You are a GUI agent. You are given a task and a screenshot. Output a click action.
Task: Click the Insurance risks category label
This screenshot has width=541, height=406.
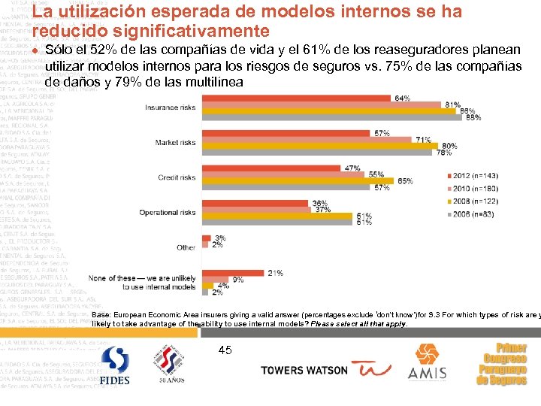(x=170, y=108)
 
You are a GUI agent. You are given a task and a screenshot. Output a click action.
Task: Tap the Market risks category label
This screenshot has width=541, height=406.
(x=175, y=142)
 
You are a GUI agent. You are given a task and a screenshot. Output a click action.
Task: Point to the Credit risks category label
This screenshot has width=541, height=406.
(x=177, y=177)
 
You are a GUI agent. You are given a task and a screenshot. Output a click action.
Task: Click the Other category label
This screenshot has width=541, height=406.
(x=186, y=247)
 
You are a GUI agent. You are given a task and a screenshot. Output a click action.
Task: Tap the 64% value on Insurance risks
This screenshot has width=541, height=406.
(x=402, y=98)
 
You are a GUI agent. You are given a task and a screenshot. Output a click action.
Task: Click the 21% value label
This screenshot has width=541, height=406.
(x=275, y=273)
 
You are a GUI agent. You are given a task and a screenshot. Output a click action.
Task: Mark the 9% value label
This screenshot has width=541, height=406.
(x=237, y=280)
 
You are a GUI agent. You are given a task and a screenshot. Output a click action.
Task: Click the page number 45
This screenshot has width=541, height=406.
(x=225, y=350)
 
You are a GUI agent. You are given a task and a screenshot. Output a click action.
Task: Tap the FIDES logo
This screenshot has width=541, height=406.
(x=115, y=365)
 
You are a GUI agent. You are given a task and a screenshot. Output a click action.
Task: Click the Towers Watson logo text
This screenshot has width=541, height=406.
(x=304, y=370)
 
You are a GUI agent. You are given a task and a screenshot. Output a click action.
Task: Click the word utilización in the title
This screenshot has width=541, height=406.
(x=99, y=12)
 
